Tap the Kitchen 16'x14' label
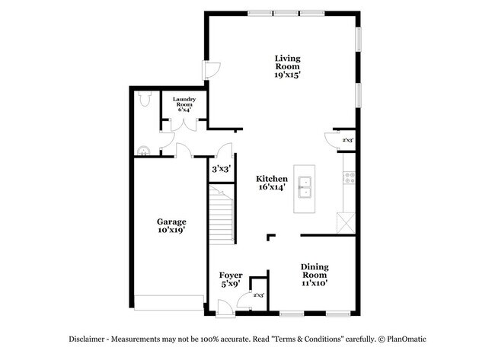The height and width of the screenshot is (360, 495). [271, 183]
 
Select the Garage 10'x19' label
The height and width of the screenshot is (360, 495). [171, 225]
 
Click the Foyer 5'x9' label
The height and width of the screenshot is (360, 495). [231, 280]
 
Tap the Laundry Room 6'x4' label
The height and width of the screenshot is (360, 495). [184, 104]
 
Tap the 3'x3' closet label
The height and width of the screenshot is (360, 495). [221, 169]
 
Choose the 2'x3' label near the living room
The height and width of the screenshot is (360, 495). [347, 140]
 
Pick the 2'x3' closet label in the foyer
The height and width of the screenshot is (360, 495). [258, 295]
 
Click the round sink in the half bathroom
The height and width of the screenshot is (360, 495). [142, 149]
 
